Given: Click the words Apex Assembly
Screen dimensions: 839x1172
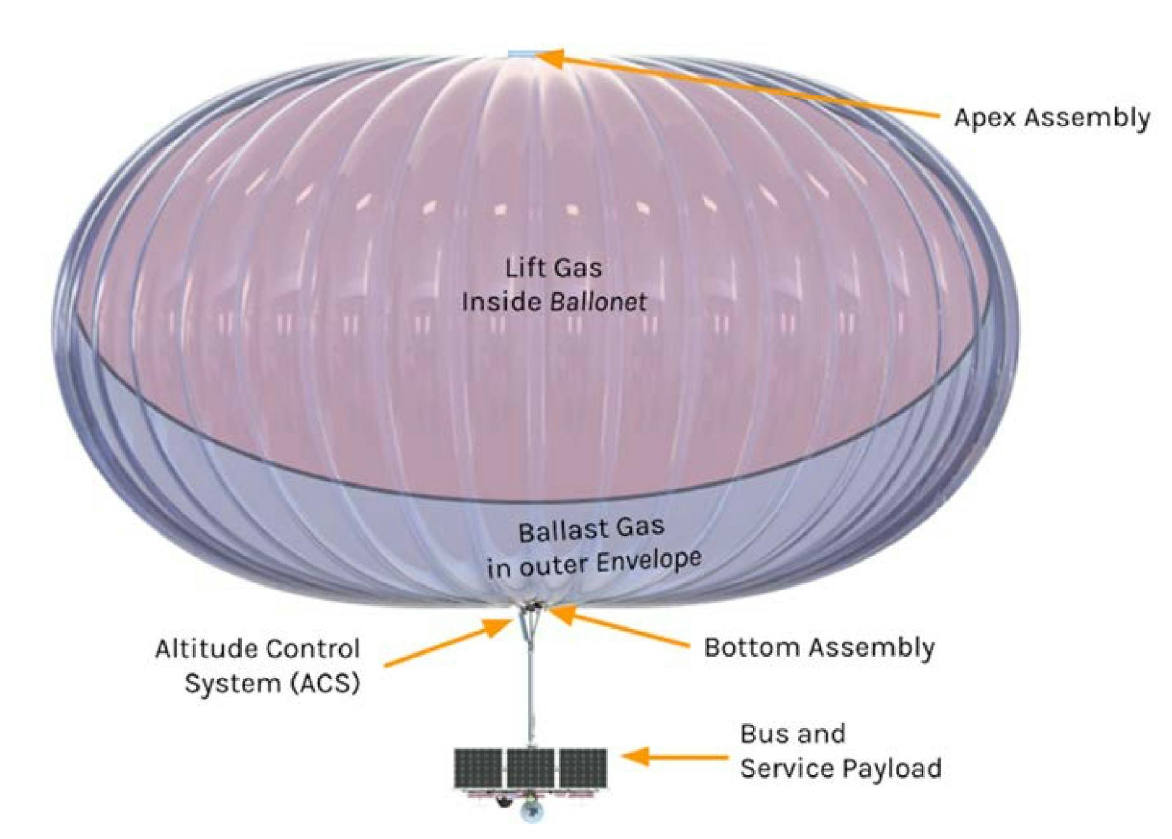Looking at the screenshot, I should [1052, 119].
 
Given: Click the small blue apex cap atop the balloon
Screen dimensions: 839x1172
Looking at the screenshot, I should [521, 54].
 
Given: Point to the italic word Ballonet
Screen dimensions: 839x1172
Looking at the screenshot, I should [599, 301].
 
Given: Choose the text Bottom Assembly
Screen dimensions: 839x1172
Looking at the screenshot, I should [819, 648].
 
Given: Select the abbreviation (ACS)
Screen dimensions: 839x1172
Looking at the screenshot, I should [325, 684].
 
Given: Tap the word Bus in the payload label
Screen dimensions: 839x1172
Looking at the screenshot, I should [761, 734].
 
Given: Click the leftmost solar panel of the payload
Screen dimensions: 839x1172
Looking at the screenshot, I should [479, 768].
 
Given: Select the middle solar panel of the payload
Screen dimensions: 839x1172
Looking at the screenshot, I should [531, 768].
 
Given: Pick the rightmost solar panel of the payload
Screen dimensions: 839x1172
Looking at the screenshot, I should [583, 768].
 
